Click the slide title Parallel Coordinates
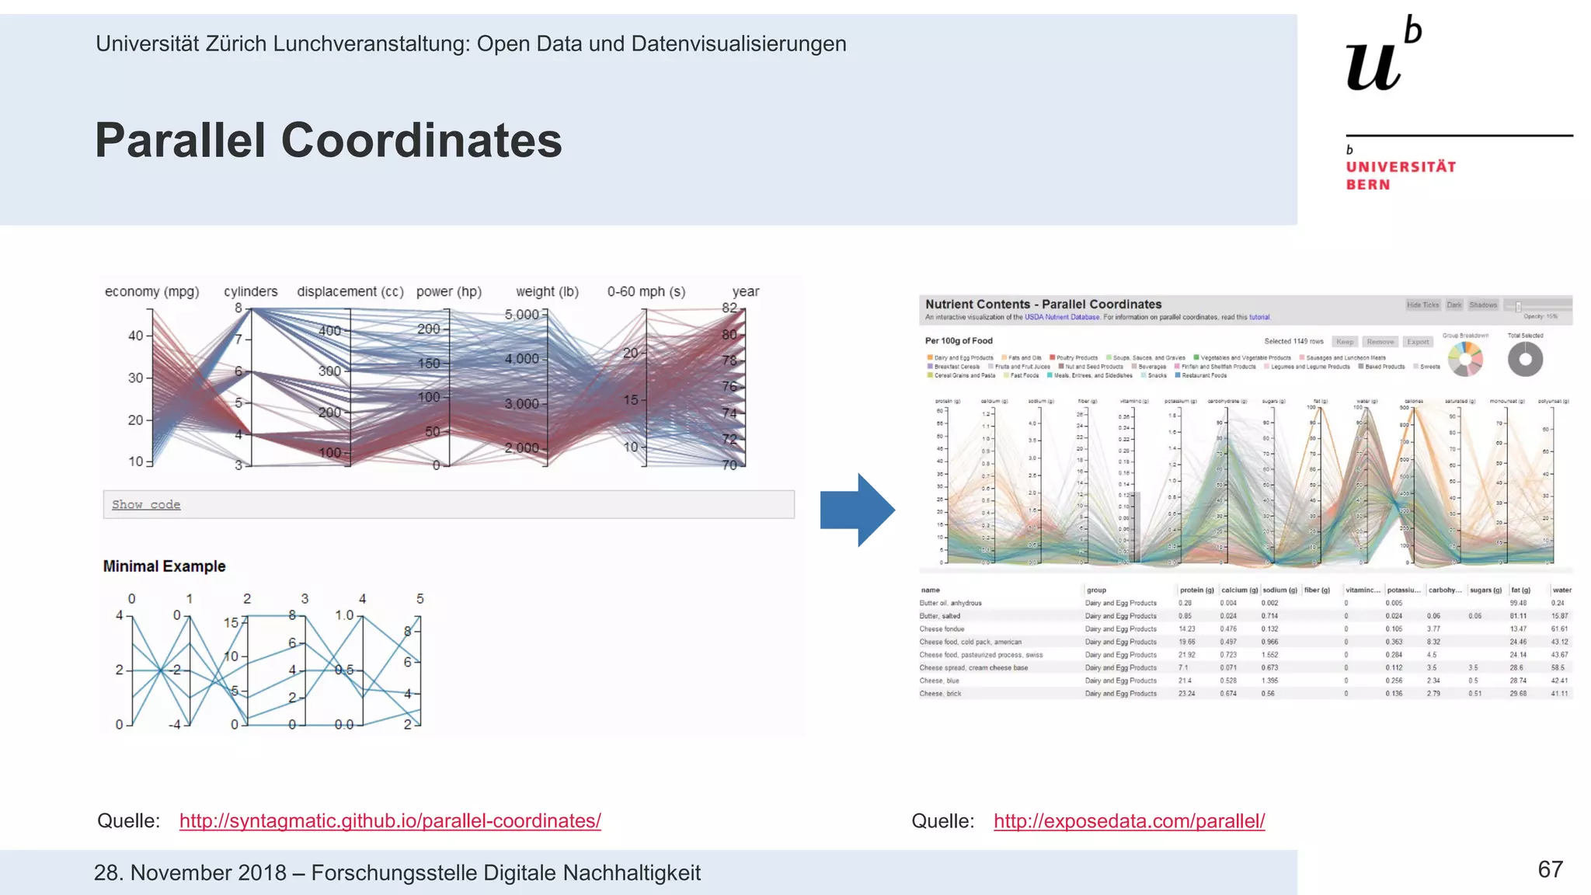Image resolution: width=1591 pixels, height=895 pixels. pos(328,141)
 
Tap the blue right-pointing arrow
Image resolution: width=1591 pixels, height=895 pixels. pos(858,510)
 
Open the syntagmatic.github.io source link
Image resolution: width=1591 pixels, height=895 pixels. pos(390,820)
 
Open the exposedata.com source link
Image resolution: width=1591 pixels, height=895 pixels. pos(1129,820)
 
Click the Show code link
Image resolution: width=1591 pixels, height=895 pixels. pos(146,504)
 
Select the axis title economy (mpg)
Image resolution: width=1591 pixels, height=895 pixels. pos(151,291)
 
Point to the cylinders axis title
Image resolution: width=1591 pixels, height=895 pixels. pos(250,291)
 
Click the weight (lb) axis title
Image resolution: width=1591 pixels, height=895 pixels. pos(547,291)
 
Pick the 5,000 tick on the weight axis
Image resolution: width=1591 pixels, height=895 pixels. pos(522,315)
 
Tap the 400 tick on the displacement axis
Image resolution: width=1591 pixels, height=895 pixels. pos(330,331)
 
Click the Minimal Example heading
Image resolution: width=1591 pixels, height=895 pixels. pos(164,566)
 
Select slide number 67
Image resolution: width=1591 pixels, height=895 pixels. pos(1550,869)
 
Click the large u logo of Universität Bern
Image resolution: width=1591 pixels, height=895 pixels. pos(1374,64)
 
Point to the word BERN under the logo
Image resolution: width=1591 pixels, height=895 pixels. pos(1368,185)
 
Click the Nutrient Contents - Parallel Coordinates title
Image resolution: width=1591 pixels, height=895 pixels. pos(1043,305)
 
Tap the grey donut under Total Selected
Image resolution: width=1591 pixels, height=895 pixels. pos(1525,360)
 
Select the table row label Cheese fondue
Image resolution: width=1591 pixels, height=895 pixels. pos(942,629)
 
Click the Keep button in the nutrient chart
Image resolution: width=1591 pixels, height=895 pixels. pos(1345,342)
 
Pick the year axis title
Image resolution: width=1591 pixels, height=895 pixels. pos(745,291)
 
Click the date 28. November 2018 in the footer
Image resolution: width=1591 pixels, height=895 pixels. pos(190,872)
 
